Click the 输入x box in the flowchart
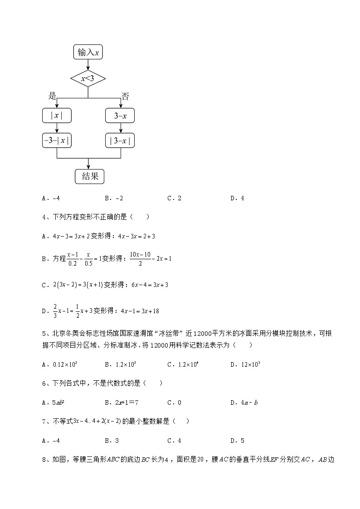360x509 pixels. click(88, 53)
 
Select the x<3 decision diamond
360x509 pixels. click(88, 79)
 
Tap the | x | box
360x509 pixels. click(57, 116)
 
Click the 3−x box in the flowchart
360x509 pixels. click(120, 116)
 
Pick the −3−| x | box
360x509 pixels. click(57, 141)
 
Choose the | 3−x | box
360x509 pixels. click(120, 141)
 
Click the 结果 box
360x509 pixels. click(90, 177)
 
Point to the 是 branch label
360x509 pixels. click(53, 96)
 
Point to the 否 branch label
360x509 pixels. click(125, 96)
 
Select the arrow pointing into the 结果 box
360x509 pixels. click(88, 165)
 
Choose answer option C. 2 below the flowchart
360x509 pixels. click(175, 198)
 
